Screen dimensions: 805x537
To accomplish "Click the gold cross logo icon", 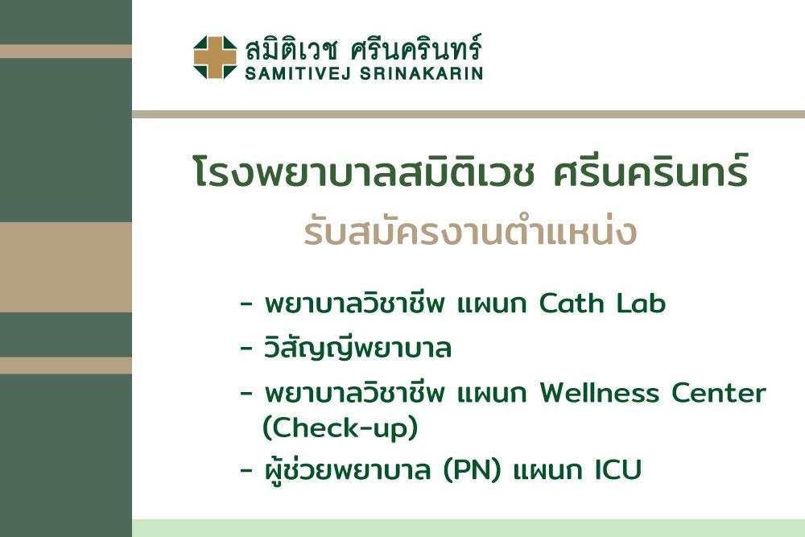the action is [x=215, y=57].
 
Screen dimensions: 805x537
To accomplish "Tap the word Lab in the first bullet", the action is [x=641, y=303].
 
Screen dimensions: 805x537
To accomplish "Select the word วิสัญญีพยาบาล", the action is [x=358, y=347].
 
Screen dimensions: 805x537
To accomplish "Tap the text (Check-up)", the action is [x=340, y=428].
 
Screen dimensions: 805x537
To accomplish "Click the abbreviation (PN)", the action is [x=472, y=470].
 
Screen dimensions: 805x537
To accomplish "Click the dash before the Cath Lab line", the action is [x=246, y=304].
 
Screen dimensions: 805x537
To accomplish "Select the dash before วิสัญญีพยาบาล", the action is [x=246, y=349].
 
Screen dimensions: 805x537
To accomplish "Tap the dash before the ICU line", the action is [x=246, y=470].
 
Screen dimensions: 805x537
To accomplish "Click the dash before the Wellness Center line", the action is [x=246, y=394].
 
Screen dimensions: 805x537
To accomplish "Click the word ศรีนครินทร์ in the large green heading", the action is [x=650, y=171].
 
